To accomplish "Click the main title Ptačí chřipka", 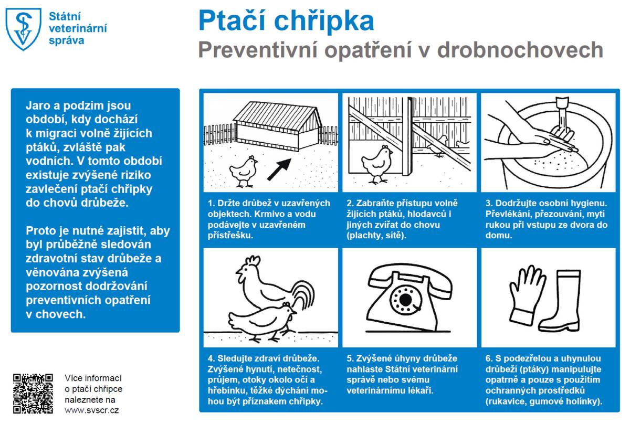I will pyautogui.click(x=286, y=21).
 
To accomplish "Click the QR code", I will pyautogui.click(x=33, y=393).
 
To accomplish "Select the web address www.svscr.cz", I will pyautogui.click(x=91, y=410).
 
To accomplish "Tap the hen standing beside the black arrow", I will pyautogui.click(x=243, y=171).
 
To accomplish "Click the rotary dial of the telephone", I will pyautogui.click(x=405, y=301).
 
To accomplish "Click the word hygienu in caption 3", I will pyautogui.click(x=590, y=203).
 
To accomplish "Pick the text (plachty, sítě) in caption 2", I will pyautogui.click(x=376, y=236).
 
